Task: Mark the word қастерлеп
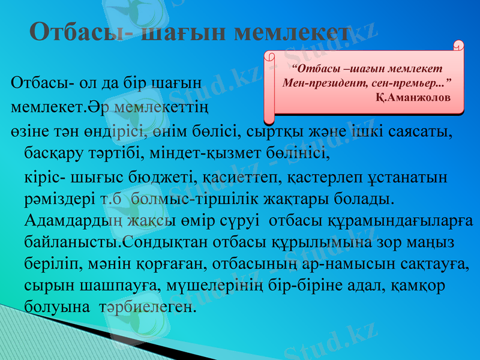(324, 178)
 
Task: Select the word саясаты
(424, 131)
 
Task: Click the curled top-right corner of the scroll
(458, 46)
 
